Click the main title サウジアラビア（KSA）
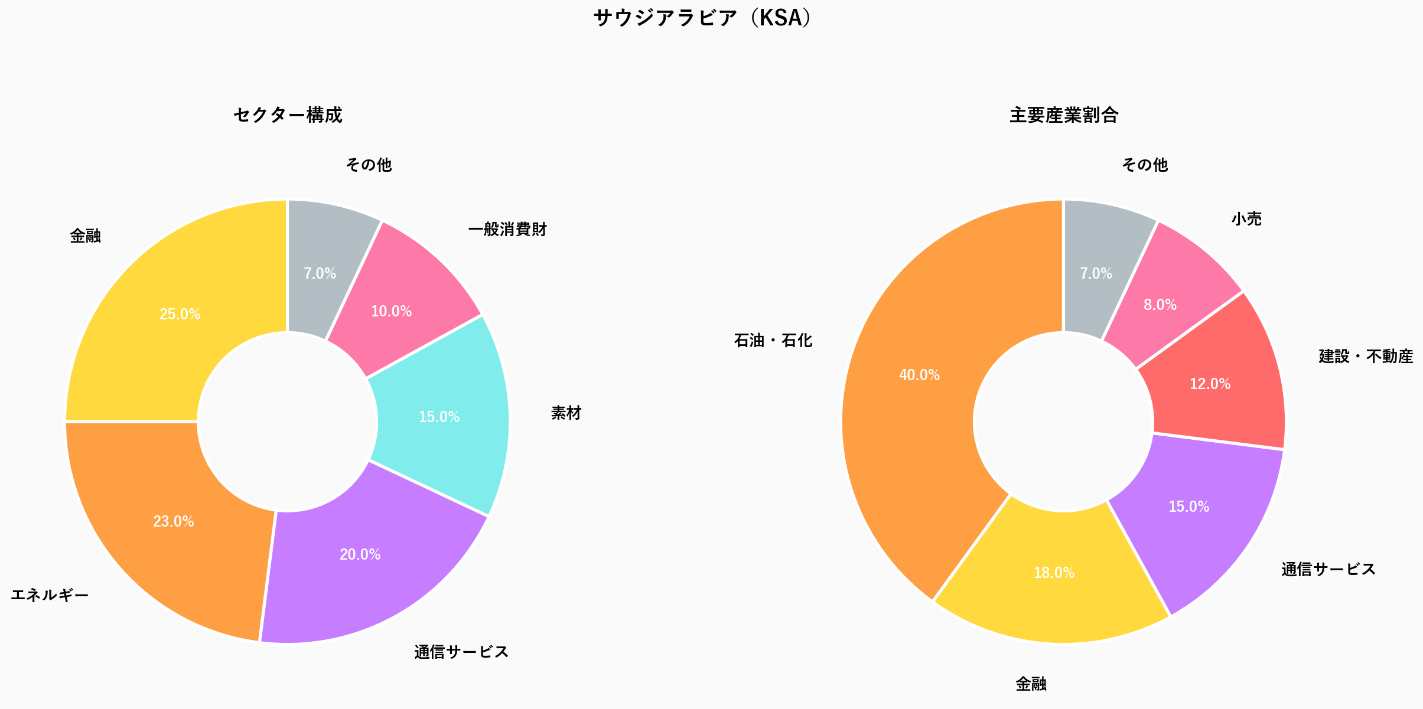(703, 18)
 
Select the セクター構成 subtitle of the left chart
(288, 115)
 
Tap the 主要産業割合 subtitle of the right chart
(1063, 115)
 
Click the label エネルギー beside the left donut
(50, 595)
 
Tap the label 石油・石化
(773, 341)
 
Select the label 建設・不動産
(1366, 357)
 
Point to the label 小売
(1246, 219)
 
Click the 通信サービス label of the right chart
(1328, 569)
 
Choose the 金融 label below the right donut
(1031, 684)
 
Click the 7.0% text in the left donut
(320, 273)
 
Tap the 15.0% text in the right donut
(1188, 507)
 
